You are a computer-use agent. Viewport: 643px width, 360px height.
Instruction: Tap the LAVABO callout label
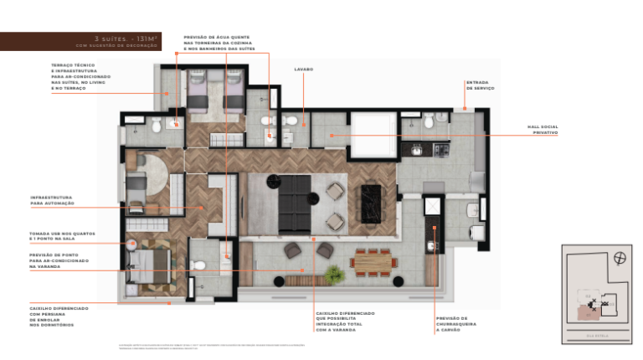(x=303, y=69)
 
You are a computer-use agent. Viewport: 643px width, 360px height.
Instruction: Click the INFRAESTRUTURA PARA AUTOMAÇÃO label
(x=53, y=200)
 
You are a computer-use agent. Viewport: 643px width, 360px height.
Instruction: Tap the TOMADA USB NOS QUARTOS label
(x=61, y=236)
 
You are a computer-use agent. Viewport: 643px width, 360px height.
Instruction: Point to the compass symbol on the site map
(x=619, y=258)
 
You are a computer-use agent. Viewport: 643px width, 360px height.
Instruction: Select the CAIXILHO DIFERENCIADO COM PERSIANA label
(x=59, y=313)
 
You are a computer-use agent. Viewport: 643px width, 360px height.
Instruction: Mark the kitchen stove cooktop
(x=440, y=150)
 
